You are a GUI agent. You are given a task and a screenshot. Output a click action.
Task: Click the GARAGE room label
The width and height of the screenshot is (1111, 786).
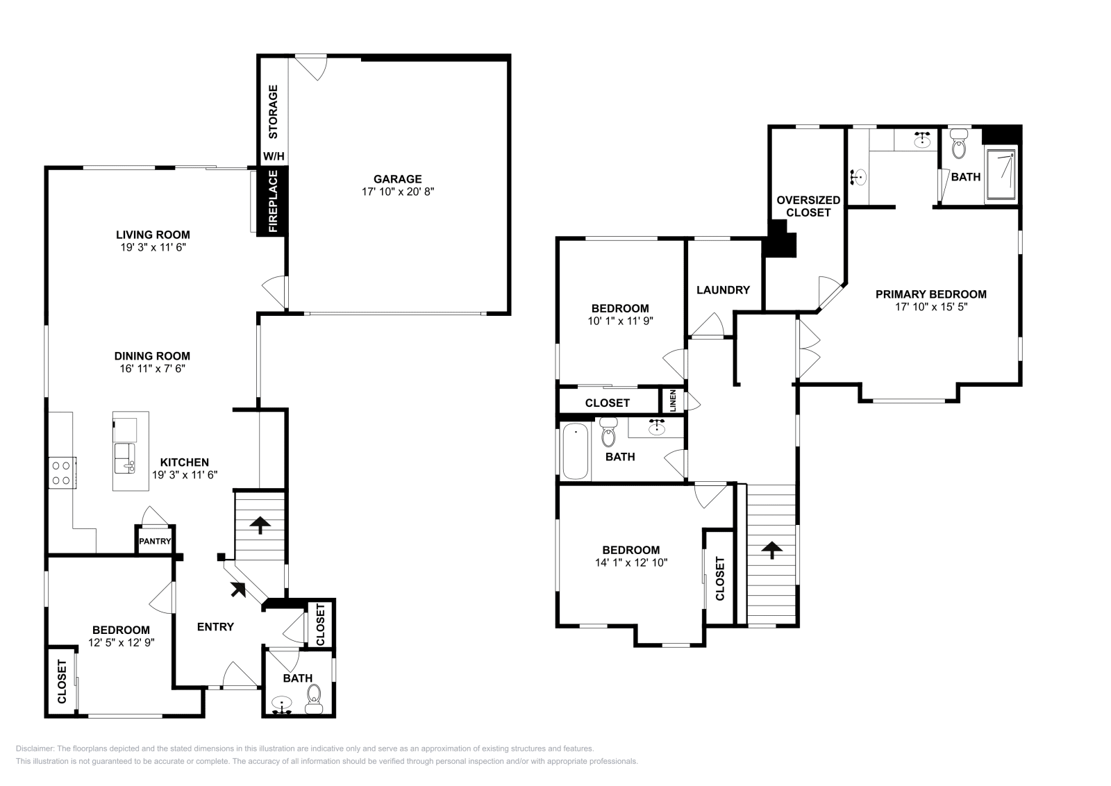tap(398, 179)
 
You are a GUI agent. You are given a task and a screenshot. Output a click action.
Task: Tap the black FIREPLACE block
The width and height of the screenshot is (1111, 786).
tap(273, 201)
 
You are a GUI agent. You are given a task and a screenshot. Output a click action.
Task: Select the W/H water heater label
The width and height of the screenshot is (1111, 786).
tap(274, 157)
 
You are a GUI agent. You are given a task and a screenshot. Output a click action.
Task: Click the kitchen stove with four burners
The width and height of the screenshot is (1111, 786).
tap(62, 473)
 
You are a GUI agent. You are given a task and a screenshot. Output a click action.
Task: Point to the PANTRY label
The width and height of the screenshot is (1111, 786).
tap(155, 541)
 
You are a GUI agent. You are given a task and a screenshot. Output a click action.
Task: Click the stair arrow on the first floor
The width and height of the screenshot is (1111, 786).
tap(260, 525)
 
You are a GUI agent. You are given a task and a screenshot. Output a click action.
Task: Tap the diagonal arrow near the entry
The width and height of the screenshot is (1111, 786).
tap(238, 589)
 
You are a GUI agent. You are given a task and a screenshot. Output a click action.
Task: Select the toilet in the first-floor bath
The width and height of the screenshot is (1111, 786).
tap(314, 699)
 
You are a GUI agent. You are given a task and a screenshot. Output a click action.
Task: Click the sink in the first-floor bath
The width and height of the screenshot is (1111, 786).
tap(283, 704)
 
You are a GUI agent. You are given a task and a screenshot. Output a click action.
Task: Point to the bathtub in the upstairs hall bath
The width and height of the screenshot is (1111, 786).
tap(576, 451)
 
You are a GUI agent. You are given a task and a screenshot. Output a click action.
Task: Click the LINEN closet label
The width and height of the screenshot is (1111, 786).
tap(673, 401)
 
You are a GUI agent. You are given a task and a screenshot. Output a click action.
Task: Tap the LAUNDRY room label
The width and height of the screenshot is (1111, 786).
tap(723, 290)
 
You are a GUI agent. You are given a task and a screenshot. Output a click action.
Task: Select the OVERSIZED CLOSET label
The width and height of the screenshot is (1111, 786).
tap(808, 206)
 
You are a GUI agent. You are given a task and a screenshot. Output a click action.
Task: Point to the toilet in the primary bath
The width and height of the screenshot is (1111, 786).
tap(959, 144)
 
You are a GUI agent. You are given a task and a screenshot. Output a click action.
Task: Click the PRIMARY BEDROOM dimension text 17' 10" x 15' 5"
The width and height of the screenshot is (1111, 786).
tap(931, 307)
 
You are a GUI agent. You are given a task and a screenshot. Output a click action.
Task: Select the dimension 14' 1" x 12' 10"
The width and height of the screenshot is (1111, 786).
tap(631, 563)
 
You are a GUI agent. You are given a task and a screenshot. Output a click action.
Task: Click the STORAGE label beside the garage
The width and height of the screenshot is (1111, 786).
tap(274, 112)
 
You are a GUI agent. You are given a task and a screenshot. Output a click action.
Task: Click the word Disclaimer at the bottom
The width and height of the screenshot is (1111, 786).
tap(35, 749)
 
